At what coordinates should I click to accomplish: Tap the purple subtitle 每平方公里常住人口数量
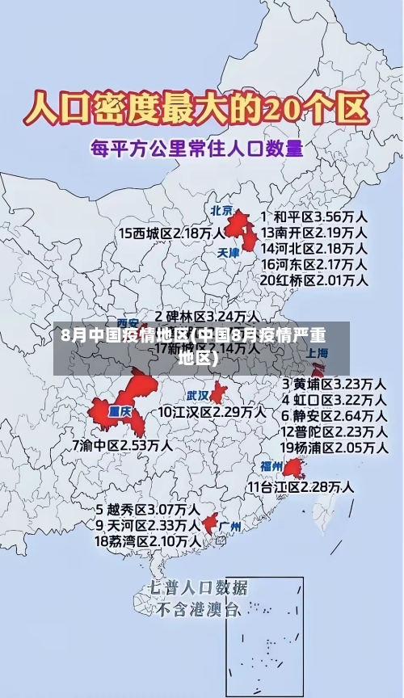click(x=197, y=149)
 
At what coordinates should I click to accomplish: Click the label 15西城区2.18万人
click(x=172, y=233)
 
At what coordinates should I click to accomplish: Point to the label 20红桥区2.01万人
click(x=314, y=280)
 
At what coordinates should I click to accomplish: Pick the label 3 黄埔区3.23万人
click(x=334, y=384)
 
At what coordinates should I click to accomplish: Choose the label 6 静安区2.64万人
click(x=334, y=415)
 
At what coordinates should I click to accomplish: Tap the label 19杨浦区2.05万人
click(x=334, y=447)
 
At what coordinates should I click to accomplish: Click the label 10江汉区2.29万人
click(x=212, y=412)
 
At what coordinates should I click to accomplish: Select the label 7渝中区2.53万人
click(x=122, y=444)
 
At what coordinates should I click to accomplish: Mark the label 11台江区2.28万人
click(x=301, y=486)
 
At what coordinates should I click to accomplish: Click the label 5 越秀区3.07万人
click(x=149, y=510)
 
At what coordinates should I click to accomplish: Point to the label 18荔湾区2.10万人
click(x=149, y=540)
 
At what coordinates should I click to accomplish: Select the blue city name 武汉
click(x=198, y=396)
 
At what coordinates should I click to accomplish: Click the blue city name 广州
click(x=231, y=527)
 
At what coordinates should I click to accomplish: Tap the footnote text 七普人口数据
click(x=198, y=587)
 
